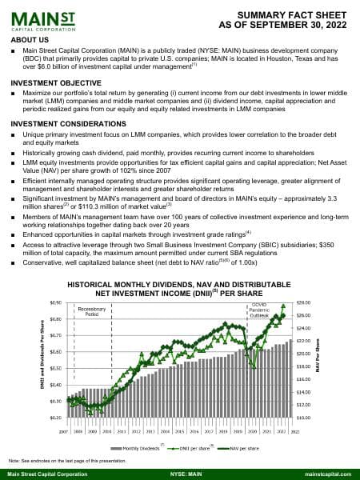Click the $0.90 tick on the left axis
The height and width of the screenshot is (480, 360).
click(55, 302)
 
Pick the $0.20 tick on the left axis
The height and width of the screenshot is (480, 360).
click(55, 418)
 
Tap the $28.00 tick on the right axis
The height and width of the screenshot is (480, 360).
click(302, 302)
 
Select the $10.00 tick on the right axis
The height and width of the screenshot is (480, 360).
click(302, 418)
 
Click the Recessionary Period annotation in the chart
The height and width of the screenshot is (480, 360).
click(92, 313)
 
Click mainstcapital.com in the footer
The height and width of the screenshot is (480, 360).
click(329, 474)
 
